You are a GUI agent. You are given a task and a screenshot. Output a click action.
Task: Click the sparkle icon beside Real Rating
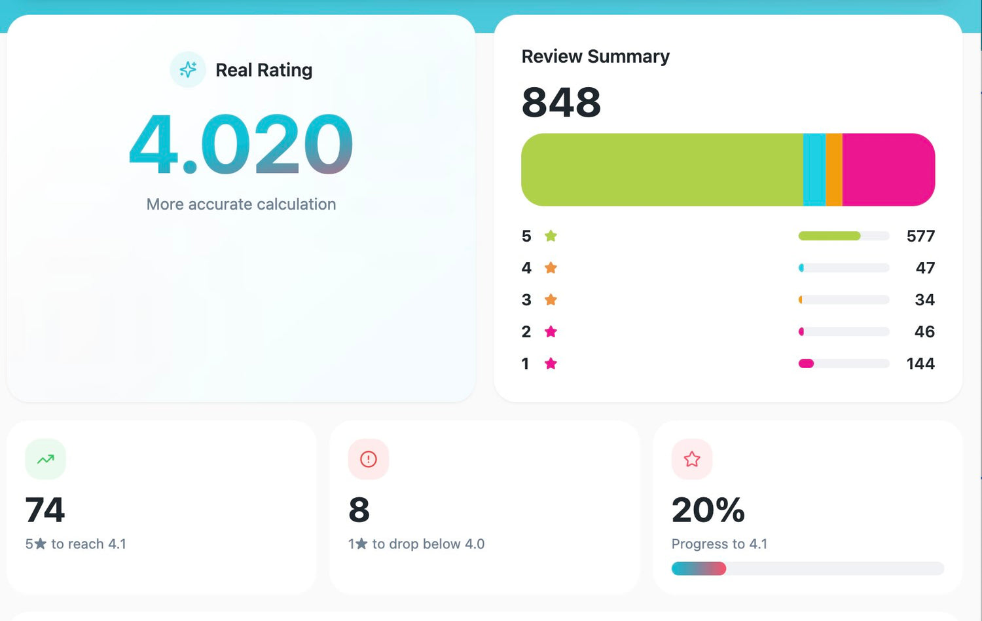coord(188,69)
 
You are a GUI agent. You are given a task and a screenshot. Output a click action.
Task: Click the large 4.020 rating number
coord(241,144)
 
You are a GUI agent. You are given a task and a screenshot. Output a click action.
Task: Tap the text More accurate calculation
coord(241,204)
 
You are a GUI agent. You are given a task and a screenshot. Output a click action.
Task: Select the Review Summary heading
coord(595,56)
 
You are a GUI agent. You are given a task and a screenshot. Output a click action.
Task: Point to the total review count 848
coord(561,102)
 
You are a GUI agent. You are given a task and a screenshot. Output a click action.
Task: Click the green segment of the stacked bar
coord(661,170)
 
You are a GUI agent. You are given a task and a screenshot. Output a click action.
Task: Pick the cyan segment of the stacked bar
coord(814,170)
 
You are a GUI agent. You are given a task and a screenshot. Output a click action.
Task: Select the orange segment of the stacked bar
coord(834,170)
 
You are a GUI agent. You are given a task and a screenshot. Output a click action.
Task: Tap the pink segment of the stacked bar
coord(888,170)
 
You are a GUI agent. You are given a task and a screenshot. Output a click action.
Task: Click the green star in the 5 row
coord(551,236)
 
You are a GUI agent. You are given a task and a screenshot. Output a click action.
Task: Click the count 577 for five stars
coord(920,236)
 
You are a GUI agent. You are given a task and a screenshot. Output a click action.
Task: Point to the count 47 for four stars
coord(925,268)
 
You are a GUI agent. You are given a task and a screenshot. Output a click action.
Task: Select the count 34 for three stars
coord(924,300)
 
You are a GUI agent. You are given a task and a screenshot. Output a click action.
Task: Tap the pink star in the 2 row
coord(551,331)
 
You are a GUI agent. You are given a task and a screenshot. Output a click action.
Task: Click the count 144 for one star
coord(920,364)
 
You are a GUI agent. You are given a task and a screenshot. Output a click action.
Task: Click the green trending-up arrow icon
coord(45,459)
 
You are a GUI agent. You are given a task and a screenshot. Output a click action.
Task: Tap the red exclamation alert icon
coord(369,459)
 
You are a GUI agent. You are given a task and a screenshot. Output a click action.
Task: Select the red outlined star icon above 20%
coord(692,459)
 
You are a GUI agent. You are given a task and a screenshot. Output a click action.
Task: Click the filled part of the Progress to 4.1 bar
coord(699,569)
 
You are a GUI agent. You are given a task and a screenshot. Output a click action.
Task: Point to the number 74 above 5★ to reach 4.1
coord(45,510)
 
